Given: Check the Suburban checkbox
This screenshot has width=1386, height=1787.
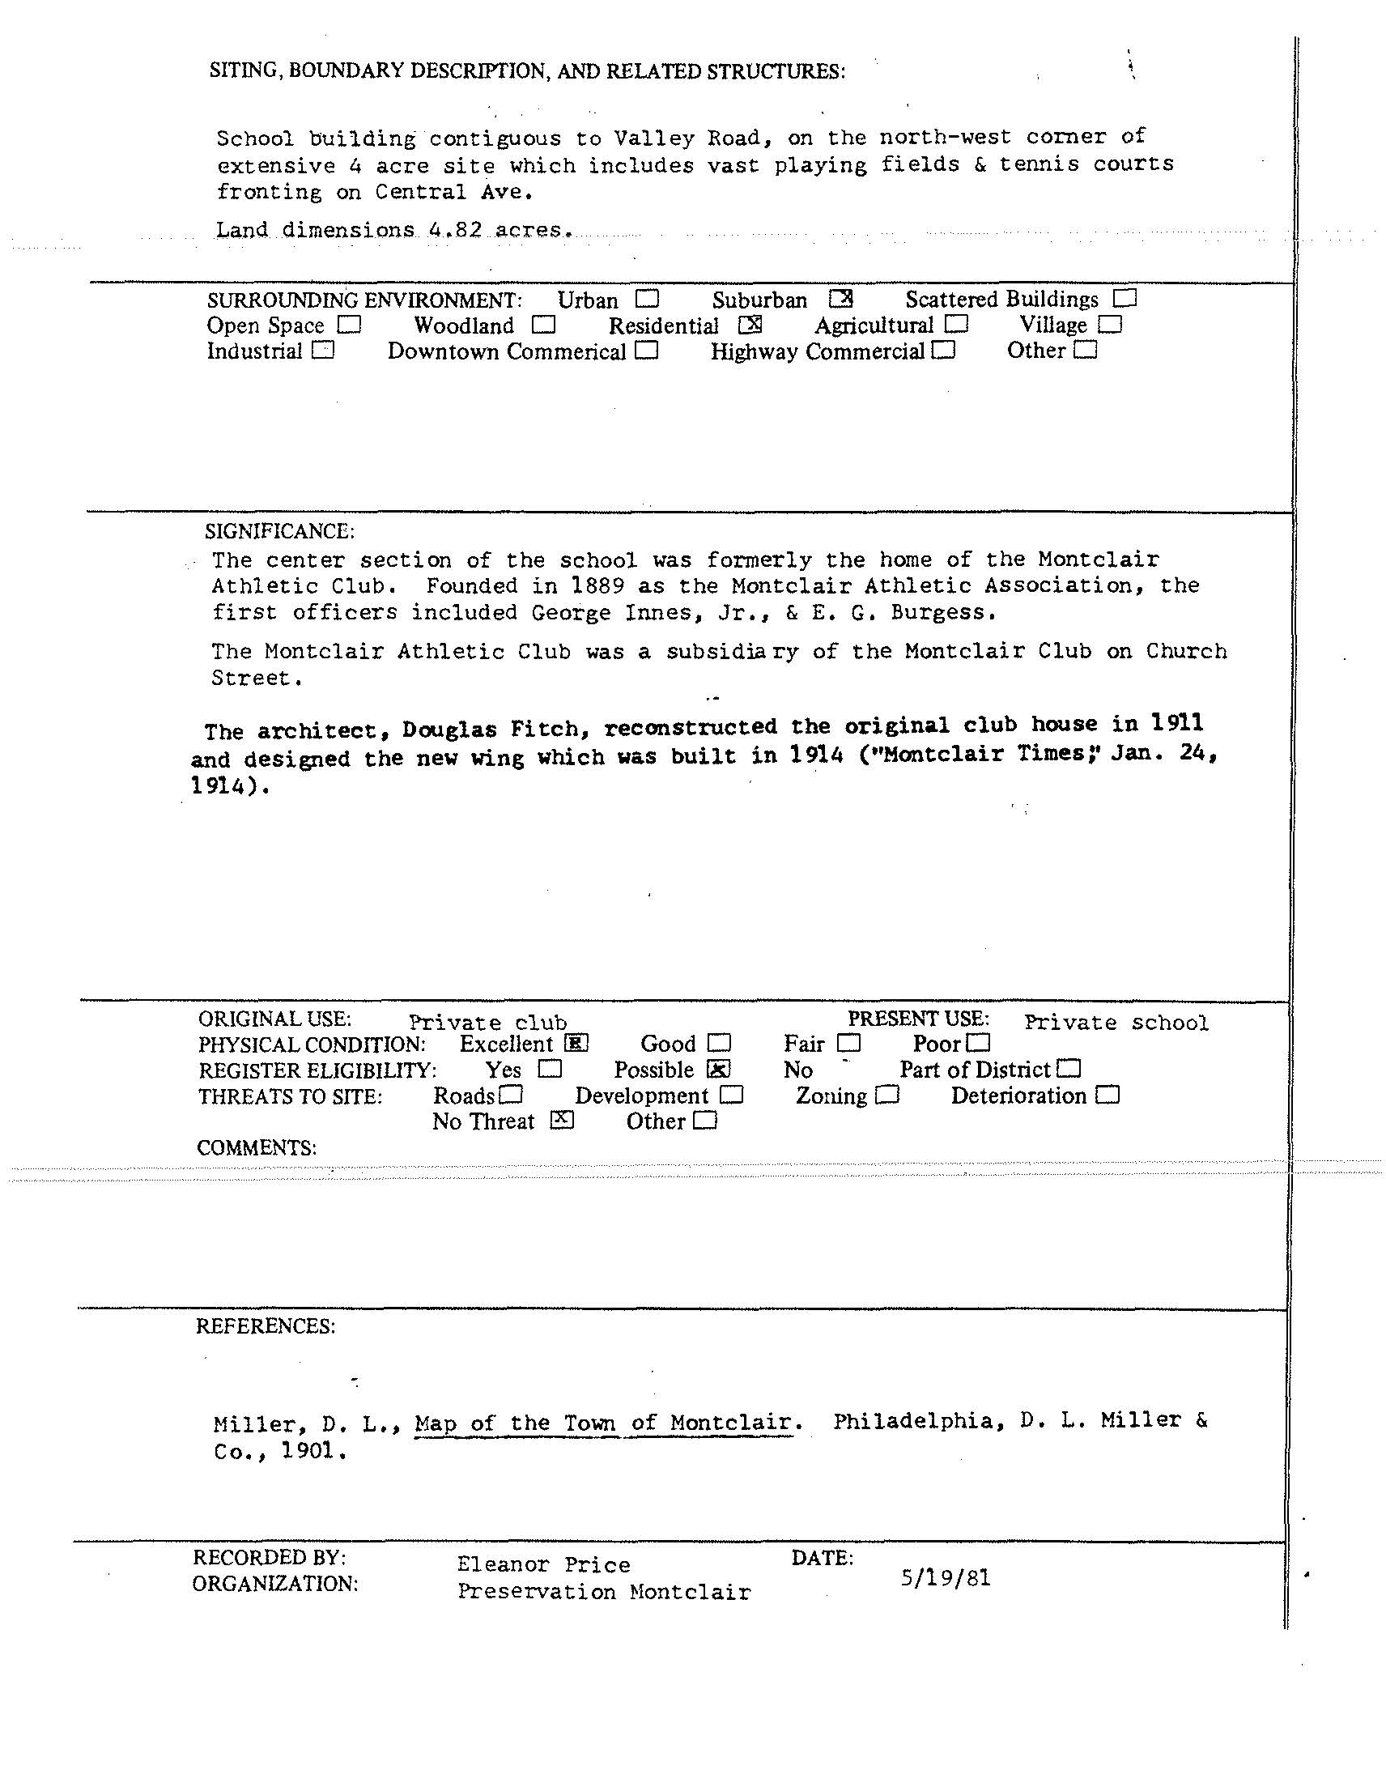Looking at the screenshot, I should tap(840, 299).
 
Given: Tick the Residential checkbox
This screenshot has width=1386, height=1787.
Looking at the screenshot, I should tap(750, 325).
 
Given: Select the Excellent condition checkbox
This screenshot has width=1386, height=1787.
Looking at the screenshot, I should tap(576, 1043).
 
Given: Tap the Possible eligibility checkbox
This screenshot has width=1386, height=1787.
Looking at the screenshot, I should tap(717, 1069).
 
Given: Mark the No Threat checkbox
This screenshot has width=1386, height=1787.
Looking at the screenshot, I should tap(561, 1120).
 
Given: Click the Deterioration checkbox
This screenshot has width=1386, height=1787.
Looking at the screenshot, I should tap(1107, 1095).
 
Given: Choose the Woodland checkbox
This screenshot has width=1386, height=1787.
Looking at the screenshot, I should tap(543, 325).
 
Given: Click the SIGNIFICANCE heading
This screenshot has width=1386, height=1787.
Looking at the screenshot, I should tap(280, 532).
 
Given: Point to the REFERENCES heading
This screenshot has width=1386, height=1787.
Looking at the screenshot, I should tap(265, 1326).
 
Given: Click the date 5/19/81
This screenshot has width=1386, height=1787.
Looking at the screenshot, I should tap(945, 1577).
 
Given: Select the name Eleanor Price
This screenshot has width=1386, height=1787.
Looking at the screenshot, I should tap(543, 1564).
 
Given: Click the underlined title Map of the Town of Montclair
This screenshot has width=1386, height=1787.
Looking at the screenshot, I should tap(604, 1423).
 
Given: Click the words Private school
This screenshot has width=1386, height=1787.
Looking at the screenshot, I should tap(1116, 1022).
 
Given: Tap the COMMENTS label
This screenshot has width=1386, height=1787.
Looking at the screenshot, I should tap(256, 1147).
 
